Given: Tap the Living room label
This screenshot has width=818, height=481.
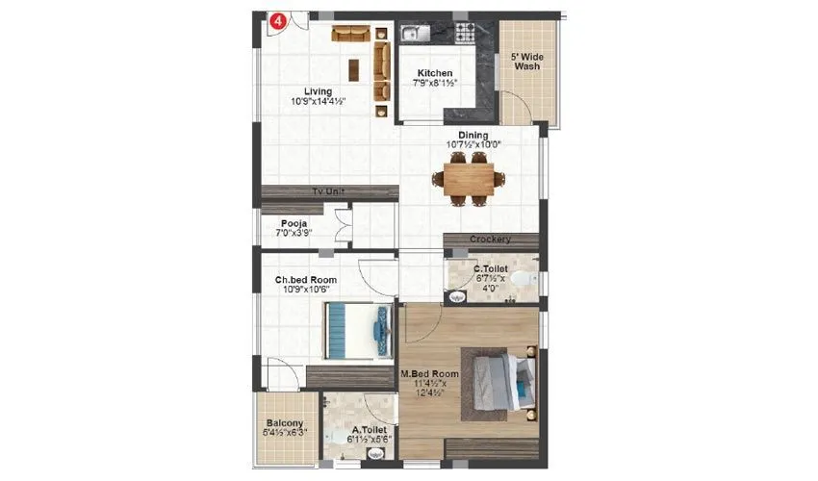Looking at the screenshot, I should (318, 92).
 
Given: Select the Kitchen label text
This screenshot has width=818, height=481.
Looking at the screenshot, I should (435, 73).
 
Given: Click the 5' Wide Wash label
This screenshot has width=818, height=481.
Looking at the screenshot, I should (526, 63).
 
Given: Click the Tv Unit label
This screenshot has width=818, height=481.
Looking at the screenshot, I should (328, 192).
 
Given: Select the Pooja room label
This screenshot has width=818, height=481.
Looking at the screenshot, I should (294, 223).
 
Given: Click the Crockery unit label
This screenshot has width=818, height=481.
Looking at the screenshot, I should (490, 240).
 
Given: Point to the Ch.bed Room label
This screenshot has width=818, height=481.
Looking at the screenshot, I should (303, 281).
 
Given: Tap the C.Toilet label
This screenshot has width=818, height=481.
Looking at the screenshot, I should (491, 268).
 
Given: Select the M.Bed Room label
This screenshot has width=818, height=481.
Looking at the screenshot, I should (429, 372).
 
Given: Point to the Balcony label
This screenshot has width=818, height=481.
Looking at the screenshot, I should (285, 423).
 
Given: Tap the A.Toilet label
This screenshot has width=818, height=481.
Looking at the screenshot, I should (370, 431).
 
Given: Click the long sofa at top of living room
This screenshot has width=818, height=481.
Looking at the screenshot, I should (351, 34).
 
